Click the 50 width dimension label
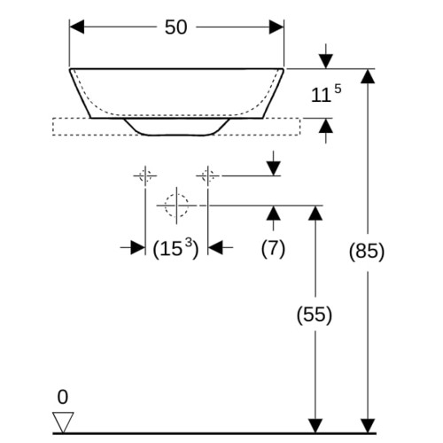pos(175,27)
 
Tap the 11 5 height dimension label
pos(326,94)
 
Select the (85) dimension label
pos(367,252)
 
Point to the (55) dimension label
pos(315,315)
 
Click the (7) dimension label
pos(273,249)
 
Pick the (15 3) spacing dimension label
pos(175,249)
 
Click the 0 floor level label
pos(63,397)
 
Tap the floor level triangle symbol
pos(63,423)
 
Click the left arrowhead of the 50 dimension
pos(77,27)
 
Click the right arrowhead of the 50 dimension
pos(276,27)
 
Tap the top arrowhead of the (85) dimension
pos(368,76)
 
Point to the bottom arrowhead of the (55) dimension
pos(315,426)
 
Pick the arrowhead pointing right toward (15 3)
pos(137,247)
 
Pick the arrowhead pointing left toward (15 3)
pos(215,247)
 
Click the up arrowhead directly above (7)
pos(274,213)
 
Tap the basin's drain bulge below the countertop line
pos(176,127)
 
